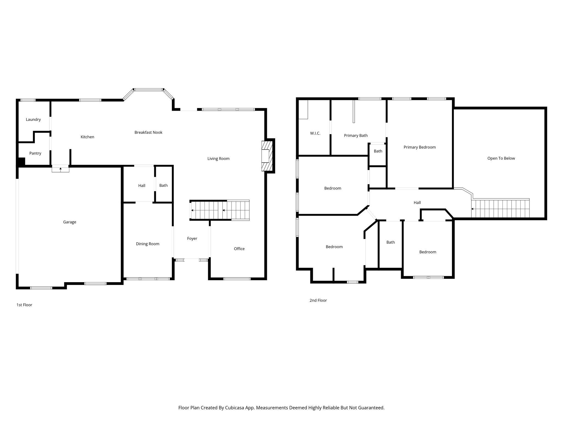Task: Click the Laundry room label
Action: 33,120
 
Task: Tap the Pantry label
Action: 35,153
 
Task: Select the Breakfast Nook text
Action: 148,132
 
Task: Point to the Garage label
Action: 70,222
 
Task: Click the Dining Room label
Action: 148,244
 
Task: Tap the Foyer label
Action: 192,238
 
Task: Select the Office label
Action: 239,249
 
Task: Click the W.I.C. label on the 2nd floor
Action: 315,133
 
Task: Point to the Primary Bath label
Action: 356,135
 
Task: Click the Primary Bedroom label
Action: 420,147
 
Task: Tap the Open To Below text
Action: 501,158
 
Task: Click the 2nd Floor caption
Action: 318,300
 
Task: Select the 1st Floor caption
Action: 24,305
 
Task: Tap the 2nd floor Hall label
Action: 417,203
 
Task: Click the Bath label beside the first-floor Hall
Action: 163,185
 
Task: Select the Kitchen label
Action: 87,137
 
